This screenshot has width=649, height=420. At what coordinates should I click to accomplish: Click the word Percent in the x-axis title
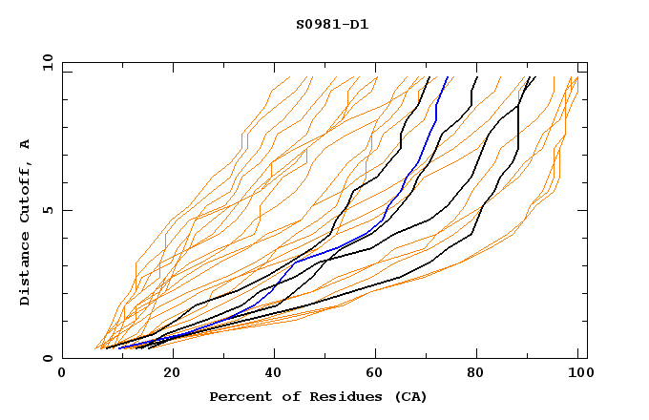click(x=237, y=396)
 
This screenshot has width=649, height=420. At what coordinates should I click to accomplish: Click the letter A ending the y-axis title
click(x=25, y=144)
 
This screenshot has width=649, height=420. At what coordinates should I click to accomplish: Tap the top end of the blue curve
click(x=449, y=77)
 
